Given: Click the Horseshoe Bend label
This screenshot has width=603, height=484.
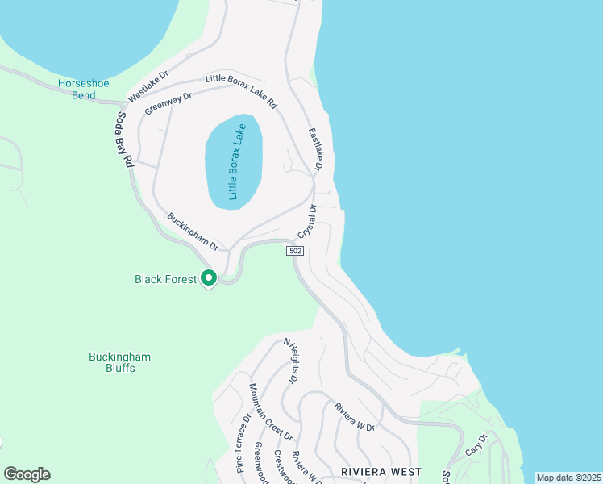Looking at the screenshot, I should click(77, 89).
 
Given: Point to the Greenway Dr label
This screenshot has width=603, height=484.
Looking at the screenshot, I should click(168, 102).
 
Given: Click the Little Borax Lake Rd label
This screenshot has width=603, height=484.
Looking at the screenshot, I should click(241, 91).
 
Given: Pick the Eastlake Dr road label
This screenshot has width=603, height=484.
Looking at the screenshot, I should click(315, 150).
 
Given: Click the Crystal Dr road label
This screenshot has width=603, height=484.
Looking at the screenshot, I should click(307, 220).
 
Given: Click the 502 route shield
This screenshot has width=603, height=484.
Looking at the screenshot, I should click(294, 252).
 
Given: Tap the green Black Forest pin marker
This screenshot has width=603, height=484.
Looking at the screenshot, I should click(209, 278).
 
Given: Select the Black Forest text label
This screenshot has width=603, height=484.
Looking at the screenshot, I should click(165, 280).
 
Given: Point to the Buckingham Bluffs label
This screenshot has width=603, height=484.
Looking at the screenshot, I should click(119, 362).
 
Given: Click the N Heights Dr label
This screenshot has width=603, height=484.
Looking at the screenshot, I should click(290, 361).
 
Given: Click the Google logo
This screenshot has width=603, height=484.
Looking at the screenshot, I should click(27, 474).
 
